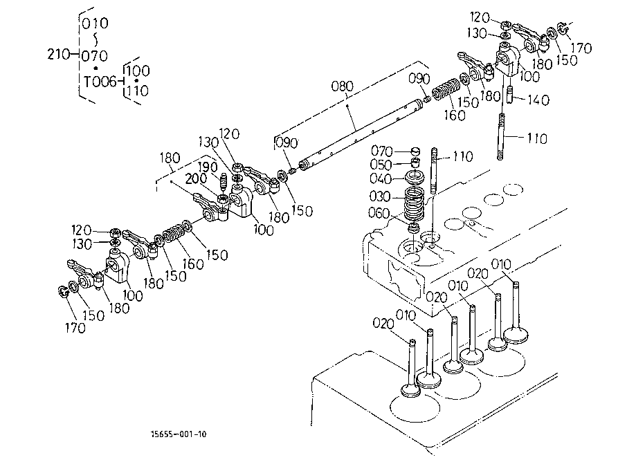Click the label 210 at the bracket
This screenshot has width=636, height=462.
60,54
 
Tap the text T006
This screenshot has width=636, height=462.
100,82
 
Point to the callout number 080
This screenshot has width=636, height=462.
343,86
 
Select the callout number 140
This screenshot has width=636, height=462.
538,100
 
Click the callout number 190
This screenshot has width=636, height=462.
208,167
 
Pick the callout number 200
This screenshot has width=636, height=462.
197,178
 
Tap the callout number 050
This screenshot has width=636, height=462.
381,165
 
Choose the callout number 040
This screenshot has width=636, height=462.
381,178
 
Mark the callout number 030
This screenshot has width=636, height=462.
380,196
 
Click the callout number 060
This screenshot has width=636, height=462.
379,213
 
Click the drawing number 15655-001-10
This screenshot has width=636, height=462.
179,434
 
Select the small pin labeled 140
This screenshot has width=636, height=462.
510,95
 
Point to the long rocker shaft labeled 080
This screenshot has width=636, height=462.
361,133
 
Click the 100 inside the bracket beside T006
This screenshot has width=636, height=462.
138,71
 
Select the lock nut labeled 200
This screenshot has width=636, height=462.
222,199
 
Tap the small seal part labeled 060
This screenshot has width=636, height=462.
414,228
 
